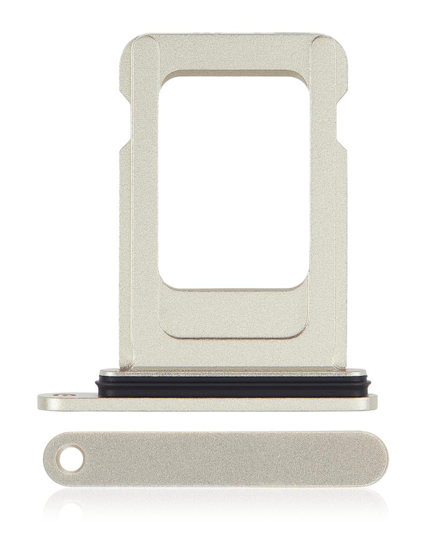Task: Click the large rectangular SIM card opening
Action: [234, 182]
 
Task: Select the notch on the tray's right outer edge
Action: [343, 145]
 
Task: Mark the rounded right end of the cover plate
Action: [378, 459]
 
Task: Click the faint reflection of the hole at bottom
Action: [70, 509]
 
